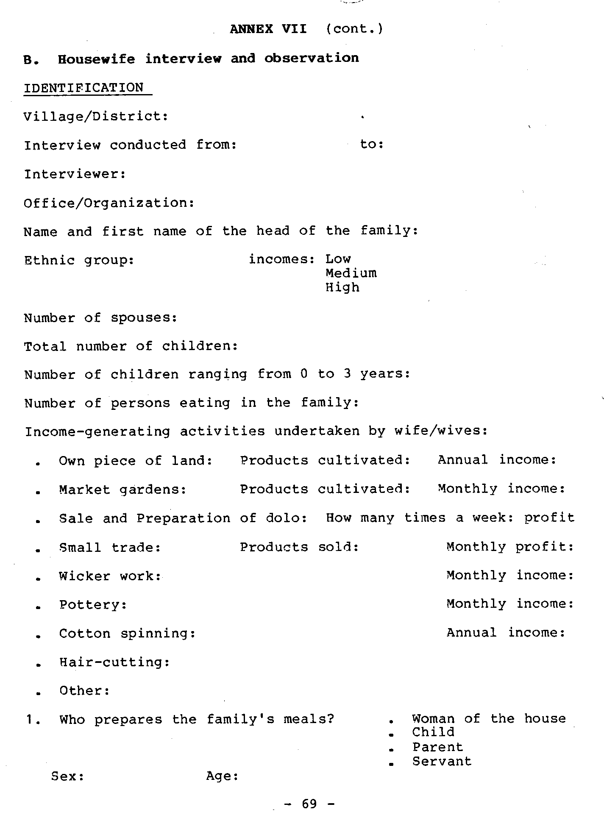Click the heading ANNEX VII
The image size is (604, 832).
pyautogui.click(x=268, y=29)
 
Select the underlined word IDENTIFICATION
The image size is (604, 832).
pyautogui.click(x=84, y=88)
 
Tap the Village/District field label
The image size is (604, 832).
pyautogui.click(x=96, y=116)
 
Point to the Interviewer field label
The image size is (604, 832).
pyautogui.click(x=75, y=174)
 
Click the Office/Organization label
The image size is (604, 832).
pyautogui.click(x=109, y=203)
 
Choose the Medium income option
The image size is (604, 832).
pyautogui.click(x=351, y=273)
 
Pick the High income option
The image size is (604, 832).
pyautogui.click(x=342, y=287)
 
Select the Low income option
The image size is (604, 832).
pyautogui.click(x=338, y=259)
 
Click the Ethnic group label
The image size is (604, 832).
pyautogui.click(x=79, y=260)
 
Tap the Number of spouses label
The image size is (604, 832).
pyautogui.click(x=100, y=318)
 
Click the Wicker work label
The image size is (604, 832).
pyautogui.click(x=110, y=576)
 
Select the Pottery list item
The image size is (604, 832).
pyautogui.click(x=93, y=605)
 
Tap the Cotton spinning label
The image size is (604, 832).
pyautogui.click(x=127, y=634)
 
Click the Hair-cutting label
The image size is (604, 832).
pyautogui.click(x=114, y=662)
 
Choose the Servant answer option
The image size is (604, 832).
pyautogui.click(x=442, y=761)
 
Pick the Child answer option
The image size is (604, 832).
pyautogui.click(x=433, y=732)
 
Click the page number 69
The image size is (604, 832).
pyautogui.click(x=309, y=804)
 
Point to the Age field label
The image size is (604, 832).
pyautogui.click(x=223, y=776)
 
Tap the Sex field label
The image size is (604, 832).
pyautogui.click(x=67, y=776)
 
